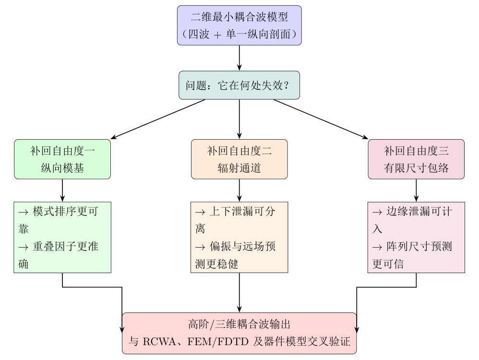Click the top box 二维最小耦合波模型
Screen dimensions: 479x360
[x=239, y=25]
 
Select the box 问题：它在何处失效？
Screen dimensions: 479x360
[x=239, y=85]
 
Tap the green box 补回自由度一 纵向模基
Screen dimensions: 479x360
[x=62, y=159]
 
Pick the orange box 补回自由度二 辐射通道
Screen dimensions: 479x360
[x=239, y=159]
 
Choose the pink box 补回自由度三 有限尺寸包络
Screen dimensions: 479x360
[x=416, y=159]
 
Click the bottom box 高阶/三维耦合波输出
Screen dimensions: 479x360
[x=239, y=333]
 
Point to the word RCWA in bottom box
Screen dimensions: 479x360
[x=159, y=342]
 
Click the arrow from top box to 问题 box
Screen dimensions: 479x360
[x=239, y=58]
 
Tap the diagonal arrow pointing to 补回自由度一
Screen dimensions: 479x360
[x=157, y=119]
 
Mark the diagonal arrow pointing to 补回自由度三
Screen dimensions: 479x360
[x=321, y=119]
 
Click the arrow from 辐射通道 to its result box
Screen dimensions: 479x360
[x=239, y=190]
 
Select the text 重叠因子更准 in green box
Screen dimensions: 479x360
[x=65, y=246]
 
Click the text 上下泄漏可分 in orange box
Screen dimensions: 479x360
[x=242, y=211]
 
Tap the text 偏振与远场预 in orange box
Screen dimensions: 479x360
[x=242, y=246]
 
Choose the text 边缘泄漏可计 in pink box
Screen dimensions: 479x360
[x=419, y=211]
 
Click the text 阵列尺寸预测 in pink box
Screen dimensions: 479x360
[x=419, y=246]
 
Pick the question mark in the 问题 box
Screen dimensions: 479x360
[x=286, y=85]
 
